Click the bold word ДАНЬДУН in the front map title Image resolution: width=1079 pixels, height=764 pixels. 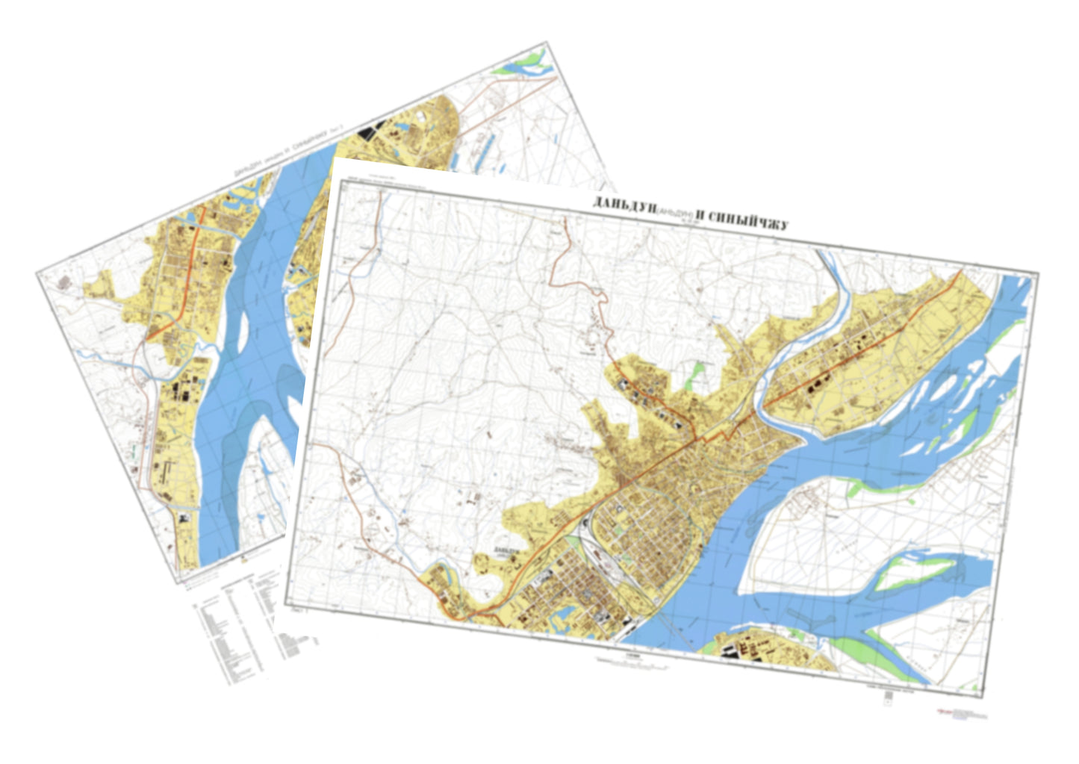624,205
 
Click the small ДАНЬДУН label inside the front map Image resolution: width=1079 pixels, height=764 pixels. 506,552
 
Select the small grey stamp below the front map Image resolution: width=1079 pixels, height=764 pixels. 887,697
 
